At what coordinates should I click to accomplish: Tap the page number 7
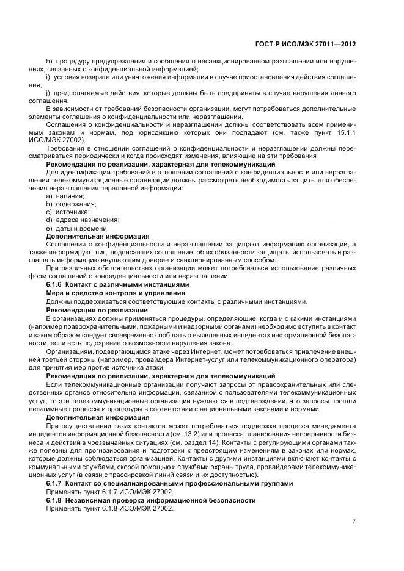[354, 522]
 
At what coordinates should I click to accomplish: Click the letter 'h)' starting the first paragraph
[50, 62]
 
